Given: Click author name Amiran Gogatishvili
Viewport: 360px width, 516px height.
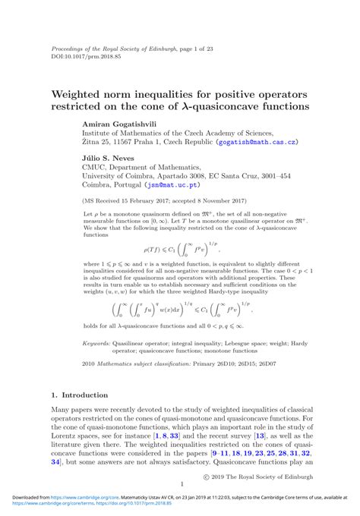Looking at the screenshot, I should pos(122,122).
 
